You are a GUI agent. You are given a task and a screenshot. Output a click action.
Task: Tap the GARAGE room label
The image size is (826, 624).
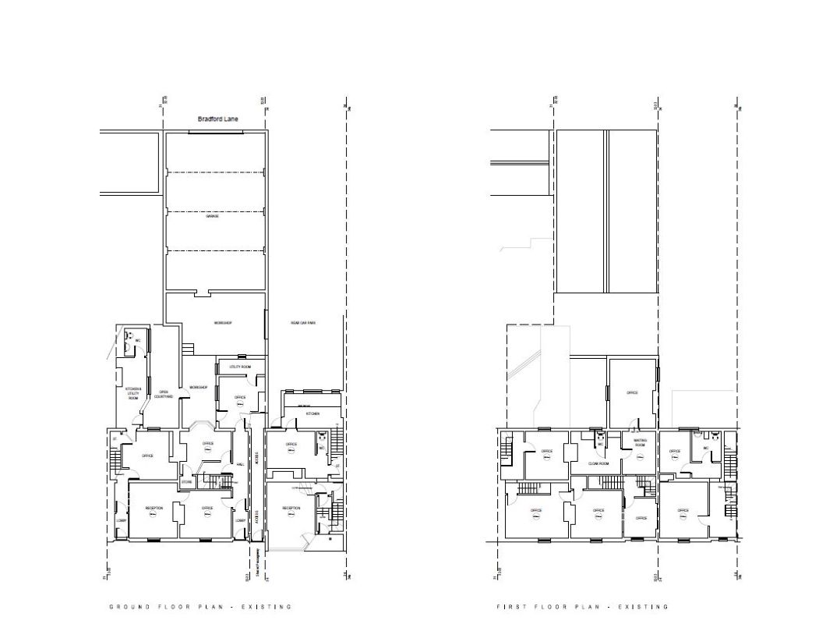point(212,216)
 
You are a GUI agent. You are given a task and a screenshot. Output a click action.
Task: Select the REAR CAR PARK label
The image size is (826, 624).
point(302,322)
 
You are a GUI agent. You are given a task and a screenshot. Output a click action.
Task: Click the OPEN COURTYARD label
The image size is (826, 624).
point(165,394)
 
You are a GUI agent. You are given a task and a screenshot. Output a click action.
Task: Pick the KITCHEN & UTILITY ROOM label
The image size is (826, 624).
point(133,394)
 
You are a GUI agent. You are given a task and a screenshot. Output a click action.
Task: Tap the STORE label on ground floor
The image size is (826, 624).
point(187,483)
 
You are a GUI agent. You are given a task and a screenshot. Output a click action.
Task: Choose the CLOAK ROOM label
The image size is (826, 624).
point(598,463)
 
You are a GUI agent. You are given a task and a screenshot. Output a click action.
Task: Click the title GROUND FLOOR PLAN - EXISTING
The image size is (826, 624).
point(199,606)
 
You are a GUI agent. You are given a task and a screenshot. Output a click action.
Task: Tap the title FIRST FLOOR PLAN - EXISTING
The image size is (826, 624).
point(582,606)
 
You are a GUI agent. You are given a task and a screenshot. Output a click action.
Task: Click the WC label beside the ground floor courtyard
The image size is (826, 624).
point(138,341)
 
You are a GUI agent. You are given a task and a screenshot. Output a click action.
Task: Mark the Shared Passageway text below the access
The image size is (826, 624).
point(257,561)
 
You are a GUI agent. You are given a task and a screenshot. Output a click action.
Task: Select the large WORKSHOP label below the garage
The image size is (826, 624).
point(224,322)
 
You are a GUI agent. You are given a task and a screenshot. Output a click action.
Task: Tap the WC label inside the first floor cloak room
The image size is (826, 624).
point(600,444)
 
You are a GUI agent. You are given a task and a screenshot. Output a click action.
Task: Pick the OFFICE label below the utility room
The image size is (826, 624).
point(240,398)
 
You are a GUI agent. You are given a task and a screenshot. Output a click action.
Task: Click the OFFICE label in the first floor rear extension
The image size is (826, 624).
point(632,392)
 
